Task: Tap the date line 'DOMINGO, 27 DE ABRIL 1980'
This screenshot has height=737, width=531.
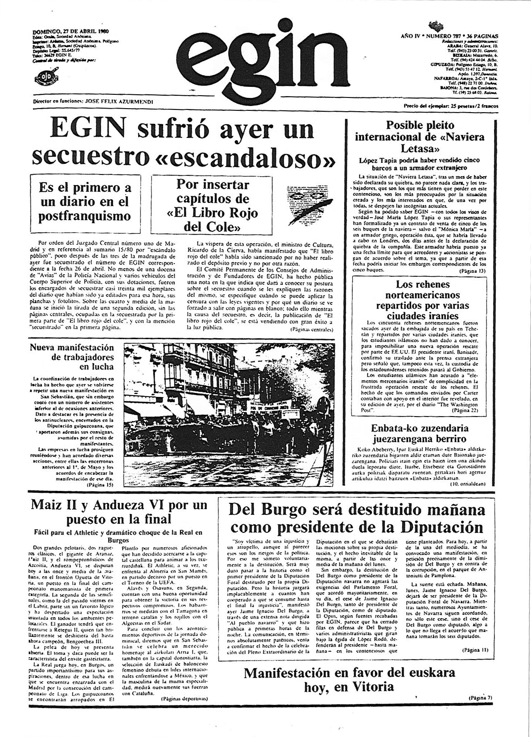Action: [71, 32]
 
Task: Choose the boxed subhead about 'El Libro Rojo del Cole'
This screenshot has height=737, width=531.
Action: [212, 205]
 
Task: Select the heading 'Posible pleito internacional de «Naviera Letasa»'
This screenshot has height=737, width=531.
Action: [420, 136]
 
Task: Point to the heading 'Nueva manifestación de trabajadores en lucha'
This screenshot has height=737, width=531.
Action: [72, 357]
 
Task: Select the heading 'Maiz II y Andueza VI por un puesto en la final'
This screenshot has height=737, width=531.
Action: [119, 512]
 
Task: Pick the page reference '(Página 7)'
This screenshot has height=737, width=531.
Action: [480, 697]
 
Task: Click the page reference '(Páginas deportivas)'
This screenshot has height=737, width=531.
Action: [184, 699]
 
